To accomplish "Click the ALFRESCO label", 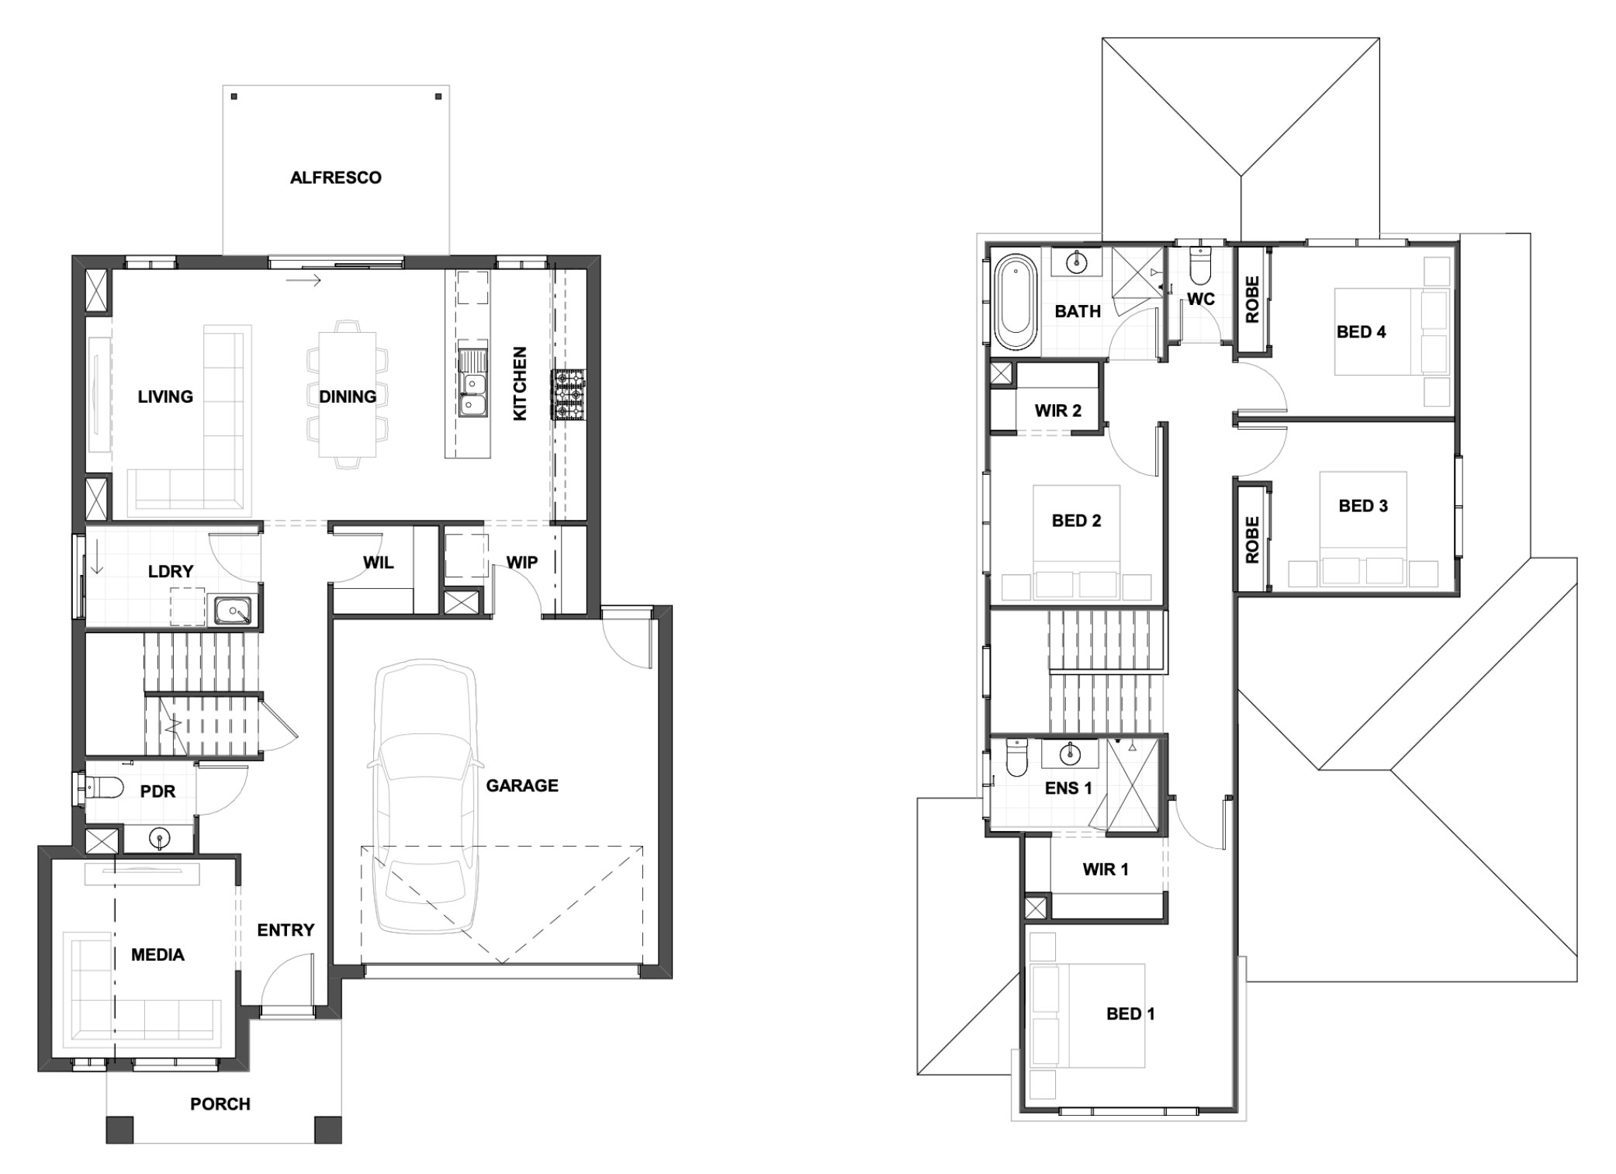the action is pyautogui.click(x=336, y=178).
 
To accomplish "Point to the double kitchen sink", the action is pyautogui.click(x=472, y=383).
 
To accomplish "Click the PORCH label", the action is pyautogui.click(x=220, y=1103).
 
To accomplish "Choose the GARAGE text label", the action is pyautogui.click(x=522, y=785).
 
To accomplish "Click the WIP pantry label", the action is pyautogui.click(x=522, y=562).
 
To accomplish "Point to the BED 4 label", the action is pyautogui.click(x=1361, y=332).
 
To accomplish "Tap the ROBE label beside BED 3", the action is pyautogui.click(x=1252, y=539).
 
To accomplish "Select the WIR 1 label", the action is pyautogui.click(x=1106, y=869).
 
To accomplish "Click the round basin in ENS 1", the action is pyautogui.click(x=1070, y=752).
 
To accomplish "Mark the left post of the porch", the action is pyautogui.click(x=119, y=1129).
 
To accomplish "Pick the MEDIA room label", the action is pyautogui.click(x=157, y=954).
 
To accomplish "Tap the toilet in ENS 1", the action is pyautogui.click(x=1016, y=758).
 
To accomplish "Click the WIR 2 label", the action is pyautogui.click(x=1058, y=410).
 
